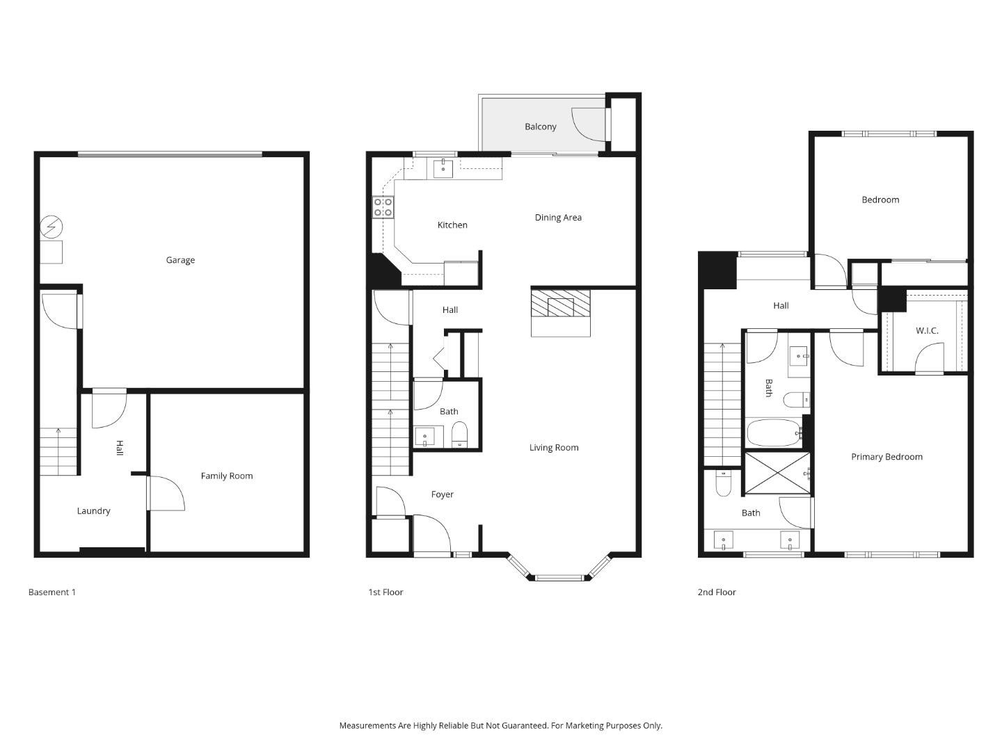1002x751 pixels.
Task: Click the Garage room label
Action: pos(180,260)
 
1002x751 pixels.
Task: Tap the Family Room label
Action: pos(227,476)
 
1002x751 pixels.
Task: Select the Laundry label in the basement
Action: pos(93,511)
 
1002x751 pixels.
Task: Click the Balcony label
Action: pos(541,127)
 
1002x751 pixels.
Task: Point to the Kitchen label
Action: pos(452,225)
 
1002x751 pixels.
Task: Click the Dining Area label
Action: pos(558,218)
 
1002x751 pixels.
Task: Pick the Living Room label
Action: pos(554,448)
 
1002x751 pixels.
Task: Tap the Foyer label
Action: pos(443,494)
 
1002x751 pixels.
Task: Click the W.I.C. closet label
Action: pos(927,330)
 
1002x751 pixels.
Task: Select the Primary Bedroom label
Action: pos(886,457)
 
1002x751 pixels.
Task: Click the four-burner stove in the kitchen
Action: pos(383,207)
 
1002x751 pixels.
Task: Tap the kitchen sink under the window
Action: pos(443,168)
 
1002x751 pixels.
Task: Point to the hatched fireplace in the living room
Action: pos(560,304)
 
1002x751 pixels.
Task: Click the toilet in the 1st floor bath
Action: pos(460,435)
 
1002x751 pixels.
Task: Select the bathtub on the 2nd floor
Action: pos(774,433)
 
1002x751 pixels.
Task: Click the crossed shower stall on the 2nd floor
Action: pos(777,474)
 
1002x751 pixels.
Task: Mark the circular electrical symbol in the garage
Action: pos(51,227)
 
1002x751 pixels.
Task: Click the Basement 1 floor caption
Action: pos(52,592)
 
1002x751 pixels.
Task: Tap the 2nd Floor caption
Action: pos(717,592)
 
